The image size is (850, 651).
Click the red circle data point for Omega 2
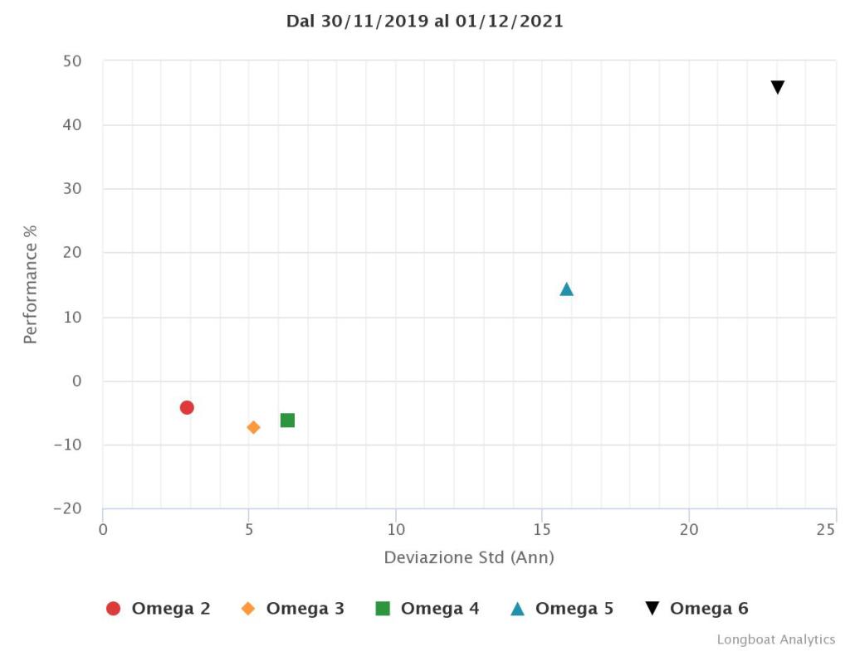tap(187, 407)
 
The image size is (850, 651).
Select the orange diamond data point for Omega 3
tap(253, 427)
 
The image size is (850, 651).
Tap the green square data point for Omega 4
tap(287, 420)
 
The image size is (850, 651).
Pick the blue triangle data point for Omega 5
tap(566, 289)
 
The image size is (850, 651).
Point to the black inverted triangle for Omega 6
tap(778, 88)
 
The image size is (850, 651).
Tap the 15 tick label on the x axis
tap(542, 530)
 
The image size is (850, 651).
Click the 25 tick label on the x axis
tap(826, 530)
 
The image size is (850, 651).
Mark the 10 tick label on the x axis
tap(396, 530)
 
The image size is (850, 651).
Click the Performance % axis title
tap(31, 284)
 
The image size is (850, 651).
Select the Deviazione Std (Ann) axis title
tap(469, 558)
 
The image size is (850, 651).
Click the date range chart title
tap(425, 22)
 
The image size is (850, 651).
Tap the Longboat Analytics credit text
tap(776, 639)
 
